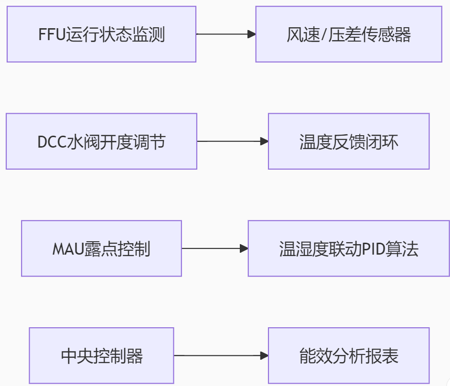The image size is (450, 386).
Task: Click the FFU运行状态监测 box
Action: [x=101, y=34]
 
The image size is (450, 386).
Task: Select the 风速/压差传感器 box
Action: [x=349, y=34]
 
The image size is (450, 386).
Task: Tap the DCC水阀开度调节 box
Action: [x=101, y=141]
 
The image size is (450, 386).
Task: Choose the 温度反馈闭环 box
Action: [x=349, y=141]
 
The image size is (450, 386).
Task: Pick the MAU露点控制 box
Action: [x=101, y=248]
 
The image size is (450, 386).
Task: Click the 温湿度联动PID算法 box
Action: [x=349, y=248]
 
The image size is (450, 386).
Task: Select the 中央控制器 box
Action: [x=101, y=355]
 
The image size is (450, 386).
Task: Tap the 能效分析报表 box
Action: [x=349, y=355]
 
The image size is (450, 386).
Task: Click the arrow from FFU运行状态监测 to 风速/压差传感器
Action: [x=225, y=34]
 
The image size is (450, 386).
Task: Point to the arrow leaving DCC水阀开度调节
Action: [x=232, y=141]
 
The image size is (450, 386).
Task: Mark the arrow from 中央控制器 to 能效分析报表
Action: [x=220, y=355]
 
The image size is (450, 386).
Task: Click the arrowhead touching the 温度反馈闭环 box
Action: [x=264, y=141]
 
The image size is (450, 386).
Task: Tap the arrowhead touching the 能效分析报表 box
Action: [x=264, y=355]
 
